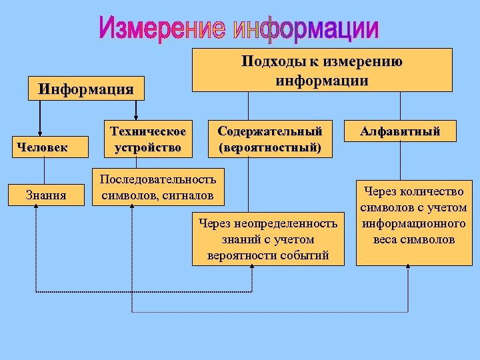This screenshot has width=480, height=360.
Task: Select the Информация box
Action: click(x=86, y=88)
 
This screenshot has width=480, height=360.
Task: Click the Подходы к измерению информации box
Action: click(x=322, y=70)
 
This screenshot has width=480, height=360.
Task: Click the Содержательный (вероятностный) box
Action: click(x=269, y=139)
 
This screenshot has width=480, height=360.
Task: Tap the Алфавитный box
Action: click(x=400, y=131)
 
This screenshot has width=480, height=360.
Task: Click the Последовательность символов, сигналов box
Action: click(x=157, y=187)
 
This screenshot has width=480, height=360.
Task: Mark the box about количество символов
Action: click(x=413, y=223)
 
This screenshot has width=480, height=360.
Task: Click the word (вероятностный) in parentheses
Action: click(x=269, y=146)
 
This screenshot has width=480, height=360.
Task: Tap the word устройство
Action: click(x=147, y=146)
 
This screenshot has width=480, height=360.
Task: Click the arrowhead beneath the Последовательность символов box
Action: click(x=132, y=207)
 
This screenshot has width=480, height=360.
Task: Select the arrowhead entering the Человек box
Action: click(x=39, y=133)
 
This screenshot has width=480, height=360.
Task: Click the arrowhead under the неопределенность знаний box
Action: click(x=252, y=268)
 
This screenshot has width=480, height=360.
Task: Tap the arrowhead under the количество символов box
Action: click(x=407, y=268)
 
